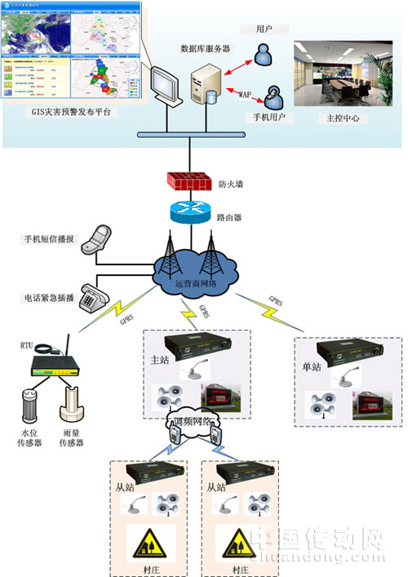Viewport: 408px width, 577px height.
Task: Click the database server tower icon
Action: [206, 87]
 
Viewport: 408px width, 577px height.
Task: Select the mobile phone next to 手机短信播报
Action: [101, 238]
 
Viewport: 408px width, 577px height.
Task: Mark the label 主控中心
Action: [341, 118]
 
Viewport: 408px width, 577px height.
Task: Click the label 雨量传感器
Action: [73, 444]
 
